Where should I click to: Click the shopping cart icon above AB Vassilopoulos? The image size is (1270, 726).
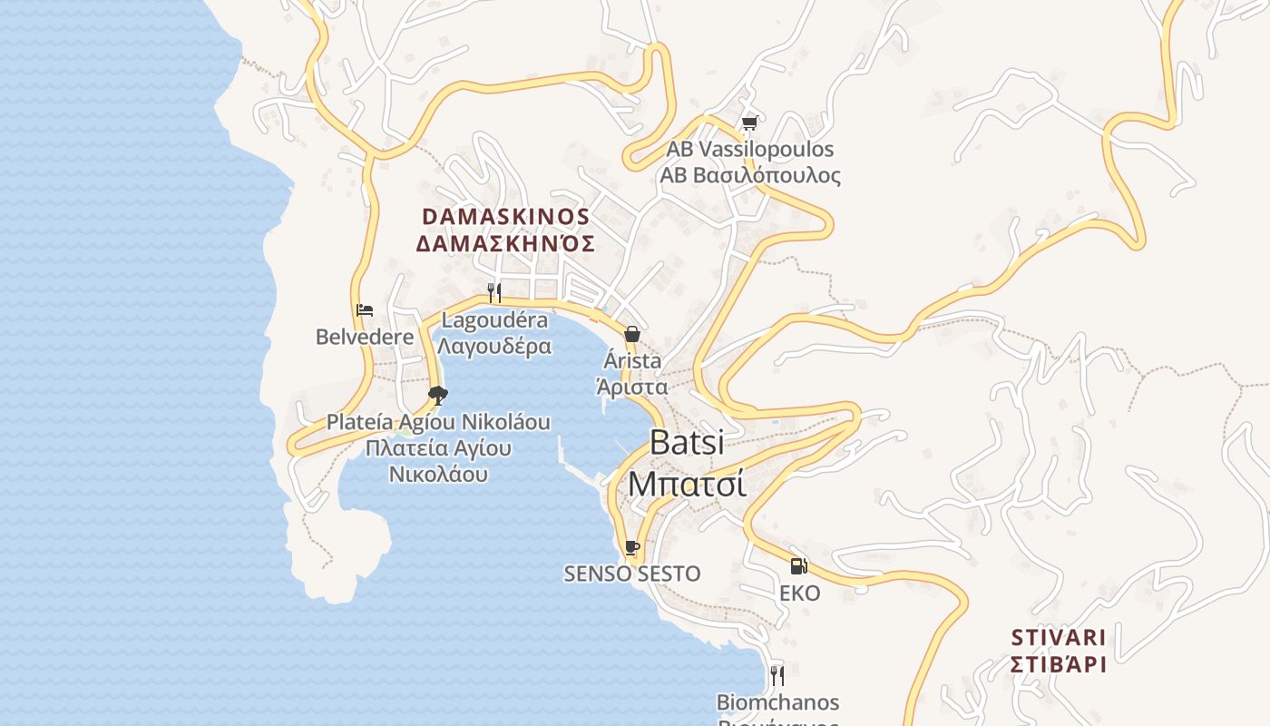coord(749,123)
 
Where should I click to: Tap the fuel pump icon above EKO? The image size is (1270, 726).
coord(798,566)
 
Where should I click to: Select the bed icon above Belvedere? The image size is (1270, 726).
coord(365,310)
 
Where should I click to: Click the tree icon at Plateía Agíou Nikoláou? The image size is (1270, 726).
coord(437,395)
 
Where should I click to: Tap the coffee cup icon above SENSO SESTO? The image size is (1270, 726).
coord(632,548)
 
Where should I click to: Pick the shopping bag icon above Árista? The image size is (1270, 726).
coord(632,334)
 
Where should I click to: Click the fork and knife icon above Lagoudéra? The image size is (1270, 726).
coord(494,292)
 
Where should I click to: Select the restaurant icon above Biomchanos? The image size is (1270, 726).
coord(777,675)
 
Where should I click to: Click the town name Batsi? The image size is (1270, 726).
coord(687,443)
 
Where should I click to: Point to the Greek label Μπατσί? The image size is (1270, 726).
coord(687,484)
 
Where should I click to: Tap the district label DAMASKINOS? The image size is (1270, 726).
coord(506,218)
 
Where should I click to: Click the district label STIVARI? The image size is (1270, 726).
coord(1059,637)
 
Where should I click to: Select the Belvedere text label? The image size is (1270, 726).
coord(365,337)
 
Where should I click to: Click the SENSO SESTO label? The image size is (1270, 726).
coord(632,574)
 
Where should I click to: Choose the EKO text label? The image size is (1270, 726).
coord(799,594)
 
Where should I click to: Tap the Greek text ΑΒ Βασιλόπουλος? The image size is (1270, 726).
coord(750,175)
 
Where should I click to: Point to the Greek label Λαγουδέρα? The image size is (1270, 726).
coord(494,346)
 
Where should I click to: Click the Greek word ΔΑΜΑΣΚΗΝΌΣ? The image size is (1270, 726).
coord(506,243)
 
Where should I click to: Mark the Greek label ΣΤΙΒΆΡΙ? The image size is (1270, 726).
coord(1059,664)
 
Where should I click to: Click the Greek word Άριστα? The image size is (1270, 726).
coord(632,387)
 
